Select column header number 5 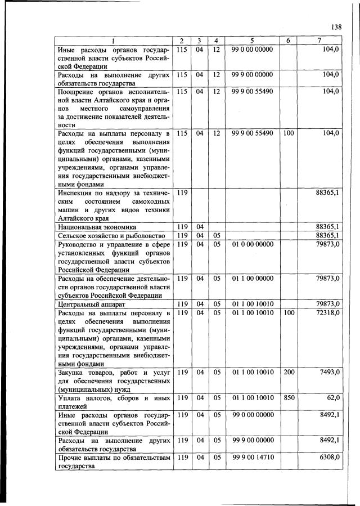point(251,41)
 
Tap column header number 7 point(319,41)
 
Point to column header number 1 point(112,41)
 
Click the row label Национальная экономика point(92,226)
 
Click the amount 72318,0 point(327,312)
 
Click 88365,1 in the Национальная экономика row point(327,226)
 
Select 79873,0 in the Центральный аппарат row point(327,305)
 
